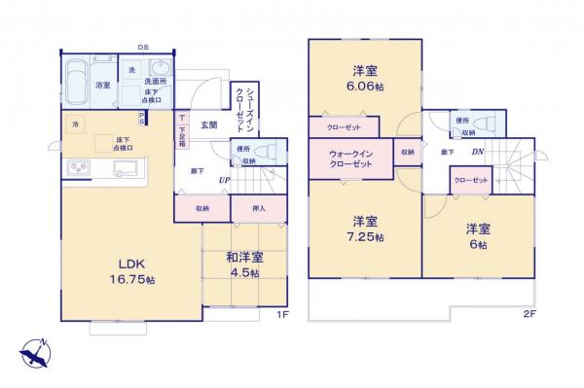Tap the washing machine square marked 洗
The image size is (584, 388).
(x=131, y=69)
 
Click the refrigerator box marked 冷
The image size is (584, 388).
(x=77, y=124)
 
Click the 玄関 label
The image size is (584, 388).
(x=209, y=125)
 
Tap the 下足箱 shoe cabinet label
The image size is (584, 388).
(x=182, y=130)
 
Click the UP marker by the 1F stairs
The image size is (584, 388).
(x=224, y=180)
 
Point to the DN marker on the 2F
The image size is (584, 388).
(x=477, y=152)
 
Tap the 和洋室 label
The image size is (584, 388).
(x=245, y=258)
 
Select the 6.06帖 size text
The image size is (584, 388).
(x=365, y=86)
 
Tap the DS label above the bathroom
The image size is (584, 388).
(x=143, y=47)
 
